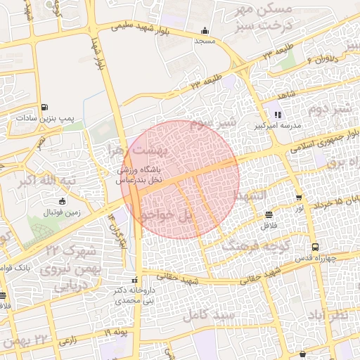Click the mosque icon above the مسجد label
click(205, 30)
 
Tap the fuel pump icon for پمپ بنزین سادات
click(45, 107)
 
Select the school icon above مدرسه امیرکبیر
click(278, 115)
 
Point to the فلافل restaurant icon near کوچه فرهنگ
click(269, 214)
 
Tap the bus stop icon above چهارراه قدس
click(315, 247)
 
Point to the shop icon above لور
click(300, 198)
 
